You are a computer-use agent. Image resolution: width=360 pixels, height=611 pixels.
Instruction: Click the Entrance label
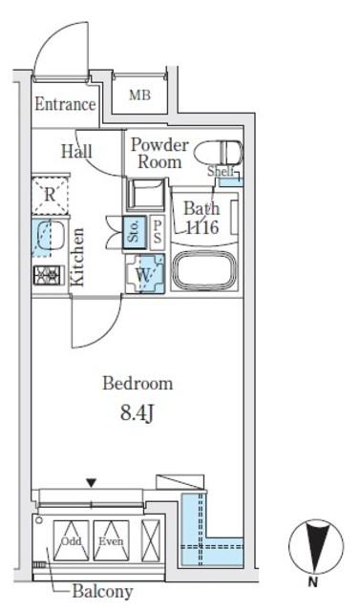(65, 104)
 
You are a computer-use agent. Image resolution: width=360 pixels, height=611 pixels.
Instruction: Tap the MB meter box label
(139, 95)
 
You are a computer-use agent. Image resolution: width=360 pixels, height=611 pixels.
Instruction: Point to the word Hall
(76, 151)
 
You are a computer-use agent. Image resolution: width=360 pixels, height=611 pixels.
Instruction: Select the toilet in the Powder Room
(218, 153)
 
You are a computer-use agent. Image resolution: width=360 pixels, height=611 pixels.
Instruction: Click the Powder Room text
(159, 153)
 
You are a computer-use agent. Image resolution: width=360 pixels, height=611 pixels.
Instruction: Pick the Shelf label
(221, 171)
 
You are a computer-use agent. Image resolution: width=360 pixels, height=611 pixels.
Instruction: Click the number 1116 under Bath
(201, 227)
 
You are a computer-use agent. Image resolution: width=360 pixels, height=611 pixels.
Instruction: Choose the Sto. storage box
(135, 232)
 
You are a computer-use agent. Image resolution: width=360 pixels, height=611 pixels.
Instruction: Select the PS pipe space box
(158, 232)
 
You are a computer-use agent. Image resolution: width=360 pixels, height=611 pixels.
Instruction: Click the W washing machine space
(145, 274)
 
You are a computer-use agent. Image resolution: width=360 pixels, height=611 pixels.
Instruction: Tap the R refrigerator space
(50, 195)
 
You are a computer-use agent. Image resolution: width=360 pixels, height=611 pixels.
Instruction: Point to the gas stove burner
(49, 276)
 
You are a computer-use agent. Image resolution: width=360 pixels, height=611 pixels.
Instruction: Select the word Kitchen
(76, 257)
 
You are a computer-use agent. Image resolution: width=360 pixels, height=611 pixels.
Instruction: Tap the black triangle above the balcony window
(91, 483)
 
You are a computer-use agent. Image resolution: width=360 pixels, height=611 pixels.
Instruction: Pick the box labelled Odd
(72, 540)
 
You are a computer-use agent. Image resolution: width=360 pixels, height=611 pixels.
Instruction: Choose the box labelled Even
(111, 540)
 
